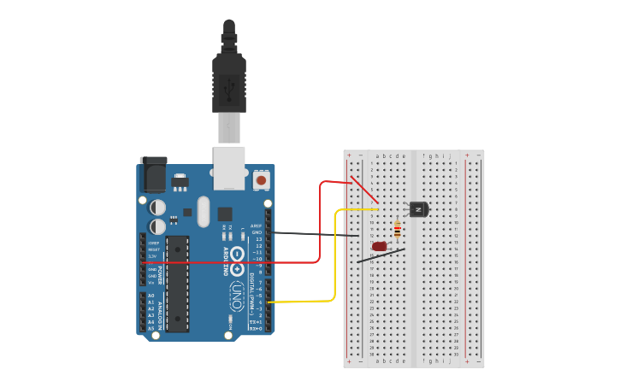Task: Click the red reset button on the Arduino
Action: pyautogui.click(x=261, y=180)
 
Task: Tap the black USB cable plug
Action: pyautogui.click(x=228, y=81)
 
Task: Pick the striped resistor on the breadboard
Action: pyautogui.click(x=397, y=229)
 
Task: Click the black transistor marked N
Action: pyautogui.click(x=418, y=208)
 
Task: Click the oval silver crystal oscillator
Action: pyautogui.click(x=203, y=211)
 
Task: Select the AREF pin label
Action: pyautogui.click(x=257, y=226)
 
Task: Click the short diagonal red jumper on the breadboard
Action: pyautogui.click(x=363, y=190)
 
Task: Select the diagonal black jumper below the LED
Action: pyautogui.click(x=381, y=255)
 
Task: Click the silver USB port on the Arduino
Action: pyautogui.click(x=228, y=167)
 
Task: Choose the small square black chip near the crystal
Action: pyautogui.click(x=224, y=214)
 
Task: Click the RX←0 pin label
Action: pyautogui.click(x=256, y=328)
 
